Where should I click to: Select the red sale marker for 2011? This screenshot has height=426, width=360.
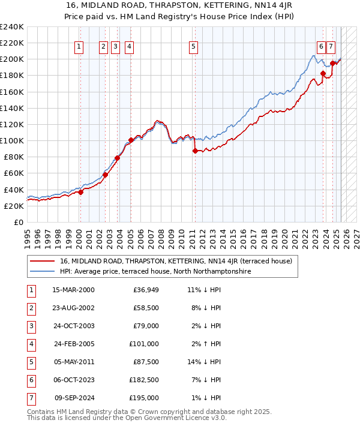[195, 151]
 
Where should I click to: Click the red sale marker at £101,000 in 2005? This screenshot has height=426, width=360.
[131, 140]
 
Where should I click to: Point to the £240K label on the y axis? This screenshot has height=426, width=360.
[12, 27]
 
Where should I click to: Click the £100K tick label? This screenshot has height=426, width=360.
[12, 140]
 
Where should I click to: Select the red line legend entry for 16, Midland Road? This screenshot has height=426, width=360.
[176, 261]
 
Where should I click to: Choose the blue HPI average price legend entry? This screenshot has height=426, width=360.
[155, 271]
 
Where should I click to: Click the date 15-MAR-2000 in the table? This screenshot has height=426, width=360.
[74, 290]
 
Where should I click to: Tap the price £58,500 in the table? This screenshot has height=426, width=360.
[146, 308]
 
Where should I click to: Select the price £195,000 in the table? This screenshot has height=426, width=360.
[144, 398]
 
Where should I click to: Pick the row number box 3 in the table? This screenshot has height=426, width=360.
[31, 326]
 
